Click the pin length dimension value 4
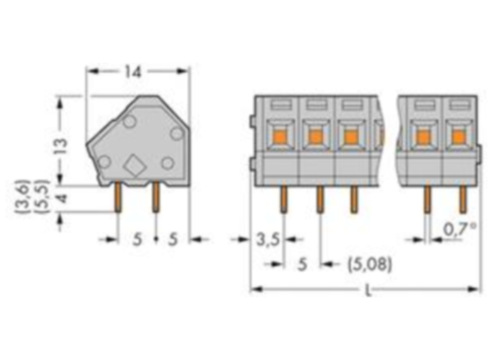60,200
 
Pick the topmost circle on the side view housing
128,121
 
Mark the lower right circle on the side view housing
168,163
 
